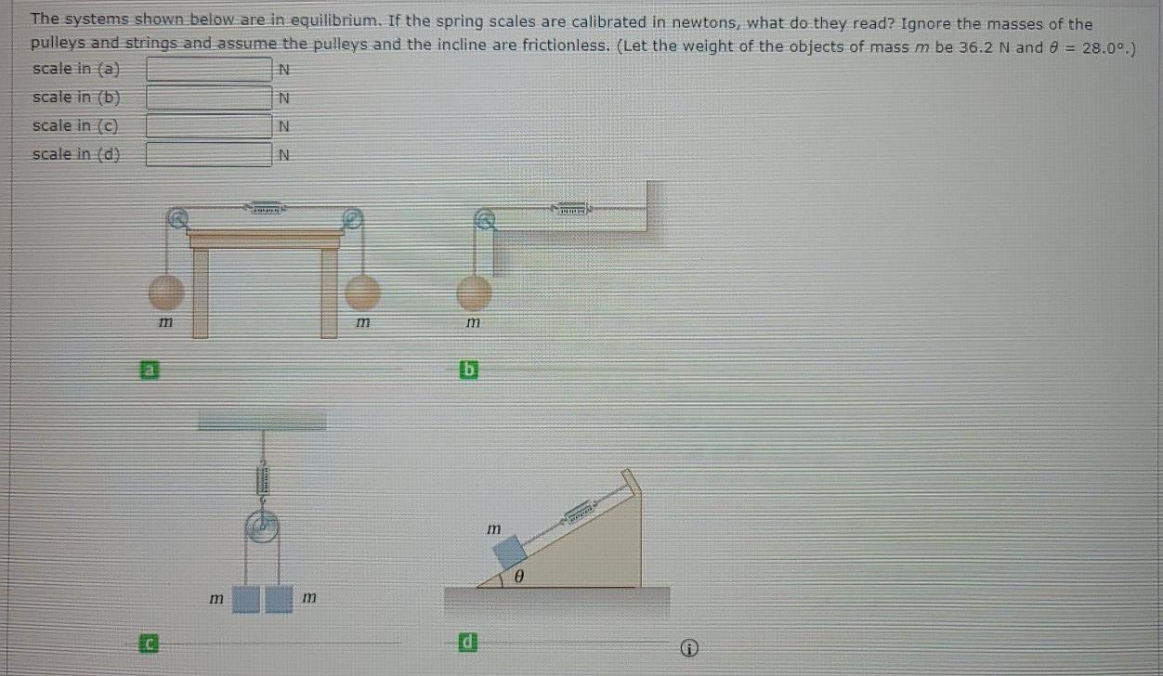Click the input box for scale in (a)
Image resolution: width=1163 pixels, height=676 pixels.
(x=208, y=70)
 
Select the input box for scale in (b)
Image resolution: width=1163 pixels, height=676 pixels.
(x=208, y=97)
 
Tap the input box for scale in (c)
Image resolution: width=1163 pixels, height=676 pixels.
(x=208, y=125)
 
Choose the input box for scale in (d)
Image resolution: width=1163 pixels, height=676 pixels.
(x=208, y=154)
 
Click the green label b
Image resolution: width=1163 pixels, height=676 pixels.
(x=470, y=370)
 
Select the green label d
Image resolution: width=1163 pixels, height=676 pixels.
(x=470, y=641)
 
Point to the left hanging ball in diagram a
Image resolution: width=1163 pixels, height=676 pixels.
(x=167, y=292)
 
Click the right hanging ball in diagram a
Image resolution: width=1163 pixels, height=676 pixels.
(x=362, y=292)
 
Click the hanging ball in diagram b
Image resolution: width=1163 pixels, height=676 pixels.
(x=474, y=292)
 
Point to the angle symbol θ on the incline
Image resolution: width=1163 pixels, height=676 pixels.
(x=519, y=578)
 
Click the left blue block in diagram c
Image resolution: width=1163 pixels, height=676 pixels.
(x=246, y=599)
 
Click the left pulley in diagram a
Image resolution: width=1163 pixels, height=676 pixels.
(x=177, y=219)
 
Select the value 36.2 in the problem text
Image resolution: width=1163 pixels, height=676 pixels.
(x=966, y=47)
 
